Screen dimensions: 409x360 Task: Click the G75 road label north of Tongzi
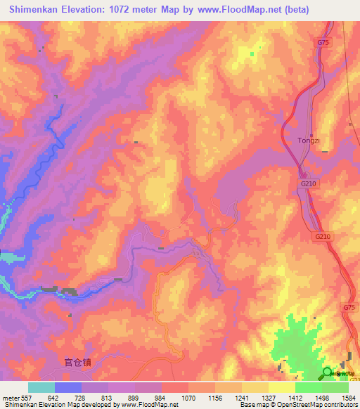pos(322,43)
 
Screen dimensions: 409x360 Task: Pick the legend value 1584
pos(347,397)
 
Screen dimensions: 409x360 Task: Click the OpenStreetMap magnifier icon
pos(328,373)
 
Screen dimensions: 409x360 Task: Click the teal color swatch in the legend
pos(41,387)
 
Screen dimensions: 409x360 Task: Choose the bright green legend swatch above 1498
pos(309,387)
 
